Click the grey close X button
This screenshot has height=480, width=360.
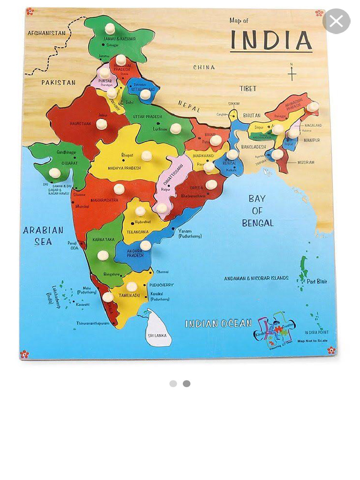336,21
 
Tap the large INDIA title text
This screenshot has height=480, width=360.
271,41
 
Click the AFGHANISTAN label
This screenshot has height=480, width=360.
46,33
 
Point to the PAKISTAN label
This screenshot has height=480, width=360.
58,82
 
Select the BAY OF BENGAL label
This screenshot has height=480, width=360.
257,211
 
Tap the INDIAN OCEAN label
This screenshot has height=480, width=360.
218,323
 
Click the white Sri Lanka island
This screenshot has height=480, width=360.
157,329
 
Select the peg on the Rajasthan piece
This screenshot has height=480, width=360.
101,124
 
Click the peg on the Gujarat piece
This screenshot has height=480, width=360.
55,172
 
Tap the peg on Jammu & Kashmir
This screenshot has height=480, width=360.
110,29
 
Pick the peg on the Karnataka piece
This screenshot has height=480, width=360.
103,255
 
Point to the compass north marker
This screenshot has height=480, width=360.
292,73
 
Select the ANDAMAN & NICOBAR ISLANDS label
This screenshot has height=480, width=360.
256,278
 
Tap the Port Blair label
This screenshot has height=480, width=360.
317,282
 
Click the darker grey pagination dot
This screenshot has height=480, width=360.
187,383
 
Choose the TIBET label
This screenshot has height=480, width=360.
248,89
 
